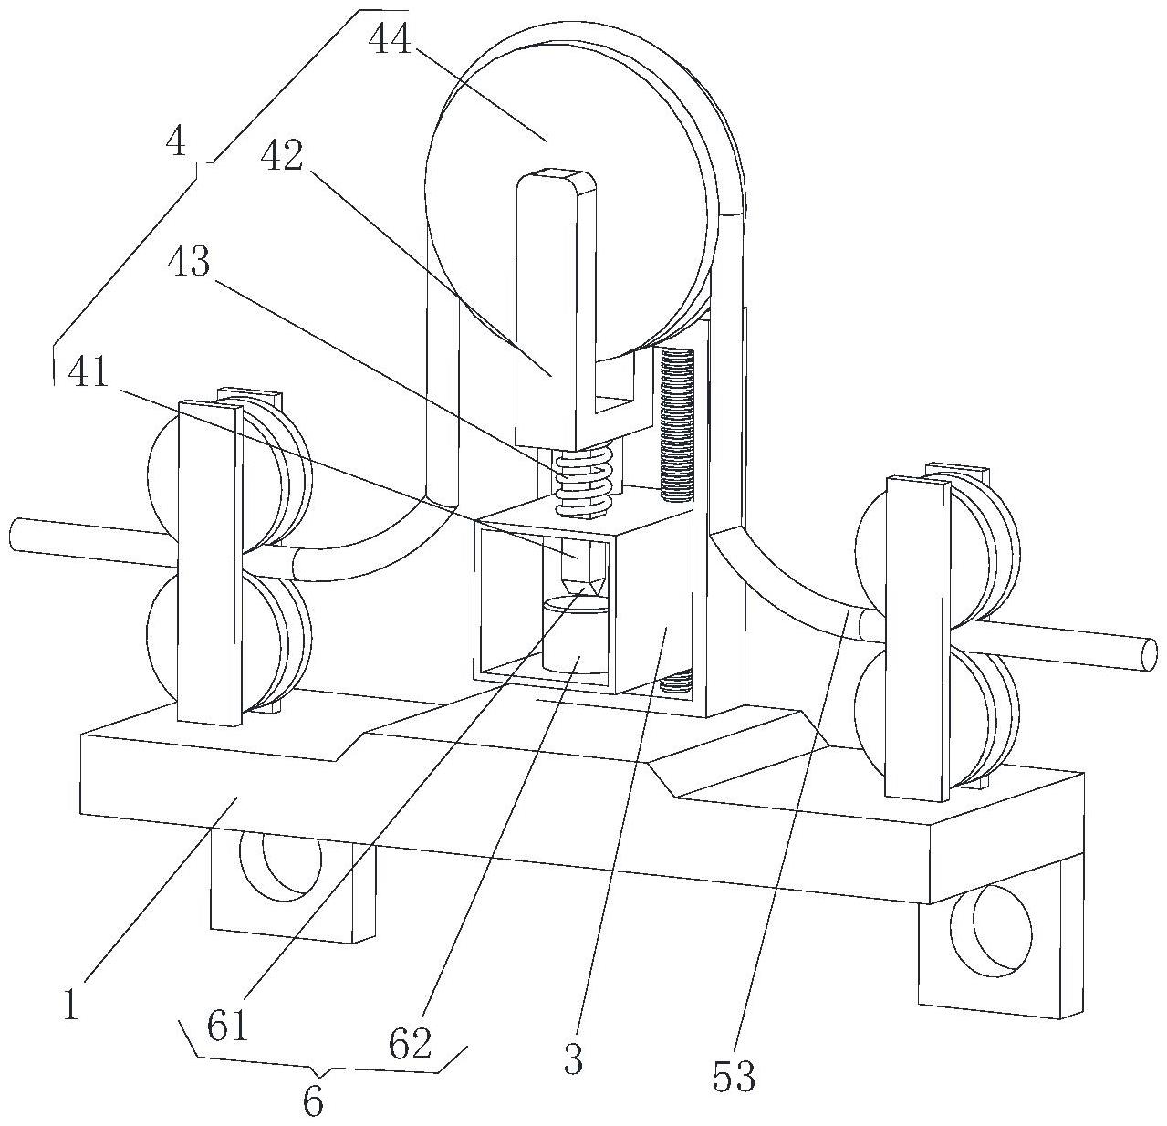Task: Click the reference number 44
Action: point(390,42)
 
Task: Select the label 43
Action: point(189,261)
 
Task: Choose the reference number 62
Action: point(411,1043)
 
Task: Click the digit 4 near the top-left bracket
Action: point(177,142)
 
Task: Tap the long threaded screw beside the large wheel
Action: point(677,426)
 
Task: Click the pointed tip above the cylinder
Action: point(582,590)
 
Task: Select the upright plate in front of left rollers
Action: point(210,564)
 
